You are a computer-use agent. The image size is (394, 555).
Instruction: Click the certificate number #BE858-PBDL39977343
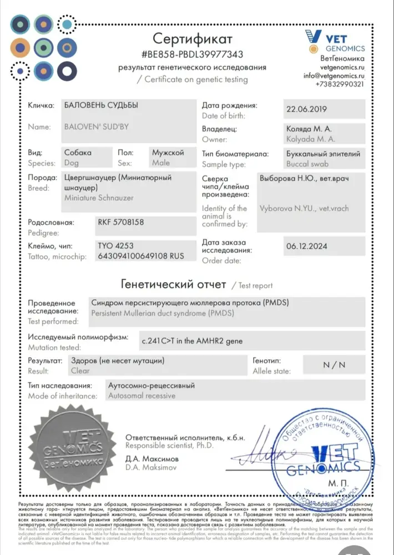click(193, 54)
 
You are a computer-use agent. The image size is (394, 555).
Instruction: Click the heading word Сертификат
click(193, 39)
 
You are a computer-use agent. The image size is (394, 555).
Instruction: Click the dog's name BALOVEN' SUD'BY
click(97, 127)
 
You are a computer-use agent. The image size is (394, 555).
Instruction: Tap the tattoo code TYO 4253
click(115, 245)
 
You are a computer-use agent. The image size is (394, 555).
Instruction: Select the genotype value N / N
click(334, 365)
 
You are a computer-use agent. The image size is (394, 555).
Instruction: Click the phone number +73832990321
click(340, 84)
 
